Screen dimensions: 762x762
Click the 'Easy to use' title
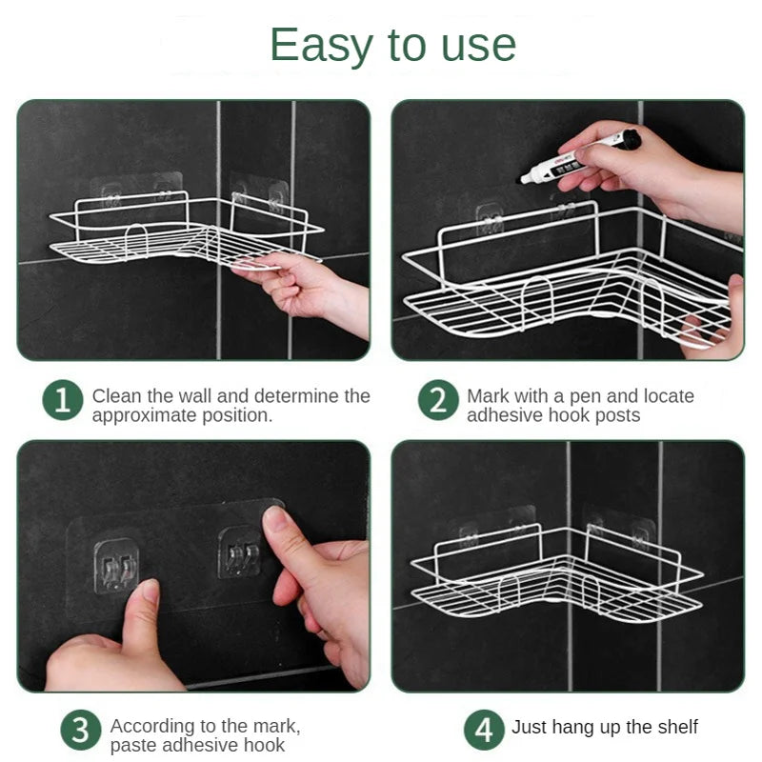[392, 45]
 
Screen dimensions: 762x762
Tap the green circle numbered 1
[63, 401]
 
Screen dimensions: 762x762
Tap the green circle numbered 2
[437, 401]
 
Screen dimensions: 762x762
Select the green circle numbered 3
[81, 731]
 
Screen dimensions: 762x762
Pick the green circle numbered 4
[484, 730]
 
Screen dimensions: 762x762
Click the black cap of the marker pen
[628, 140]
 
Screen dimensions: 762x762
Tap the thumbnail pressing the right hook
[276, 520]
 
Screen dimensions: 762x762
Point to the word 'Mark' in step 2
[487, 395]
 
